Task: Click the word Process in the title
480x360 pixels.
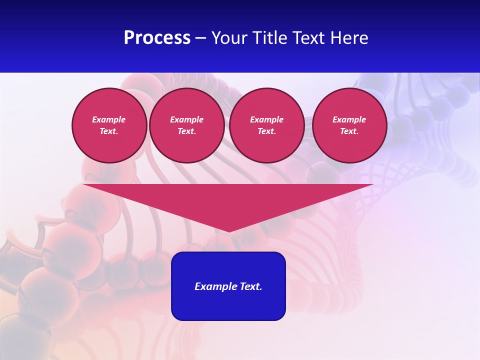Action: coord(157,38)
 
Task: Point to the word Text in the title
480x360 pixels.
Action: coord(309,38)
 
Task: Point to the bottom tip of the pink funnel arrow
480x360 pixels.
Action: coord(228,231)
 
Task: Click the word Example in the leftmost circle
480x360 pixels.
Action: coord(109,119)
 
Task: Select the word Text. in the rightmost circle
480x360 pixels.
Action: coord(349,131)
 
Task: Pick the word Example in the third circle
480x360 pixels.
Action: coord(266,119)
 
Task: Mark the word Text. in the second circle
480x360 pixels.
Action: coord(186,131)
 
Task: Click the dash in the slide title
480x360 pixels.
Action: coord(201,38)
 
